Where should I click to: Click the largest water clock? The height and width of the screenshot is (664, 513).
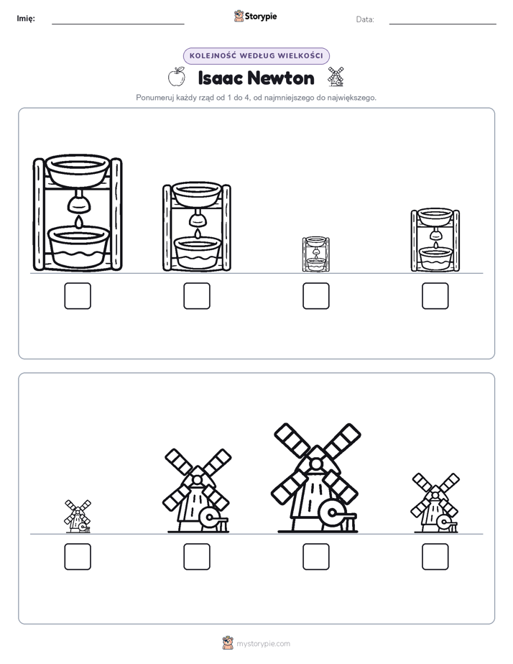(78, 213)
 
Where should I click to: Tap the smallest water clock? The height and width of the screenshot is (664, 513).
(315, 254)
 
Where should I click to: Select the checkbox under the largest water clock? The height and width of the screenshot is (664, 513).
(78, 295)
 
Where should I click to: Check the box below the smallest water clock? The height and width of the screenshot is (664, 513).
(315, 295)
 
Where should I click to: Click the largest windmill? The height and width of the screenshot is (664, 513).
(315, 478)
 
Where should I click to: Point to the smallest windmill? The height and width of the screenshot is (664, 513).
(78, 516)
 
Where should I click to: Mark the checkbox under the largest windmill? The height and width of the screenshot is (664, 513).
(315, 556)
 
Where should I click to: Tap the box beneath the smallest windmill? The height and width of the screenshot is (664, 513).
(78, 556)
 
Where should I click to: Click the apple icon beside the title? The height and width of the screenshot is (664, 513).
(177, 77)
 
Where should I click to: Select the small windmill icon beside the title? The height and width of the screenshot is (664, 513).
(336, 77)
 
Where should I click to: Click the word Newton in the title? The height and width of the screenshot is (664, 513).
(281, 78)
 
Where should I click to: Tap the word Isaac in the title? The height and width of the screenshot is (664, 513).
(220, 78)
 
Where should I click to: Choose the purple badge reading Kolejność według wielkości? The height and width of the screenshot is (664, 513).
(256, 56)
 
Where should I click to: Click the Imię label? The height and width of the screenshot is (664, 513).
(26, 18)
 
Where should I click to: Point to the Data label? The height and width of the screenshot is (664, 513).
(365, 19)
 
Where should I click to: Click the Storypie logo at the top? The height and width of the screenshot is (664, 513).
(255, 17)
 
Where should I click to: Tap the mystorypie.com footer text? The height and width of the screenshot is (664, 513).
(263, 644)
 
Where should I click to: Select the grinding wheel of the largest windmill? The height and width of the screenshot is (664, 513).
(332, 514)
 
